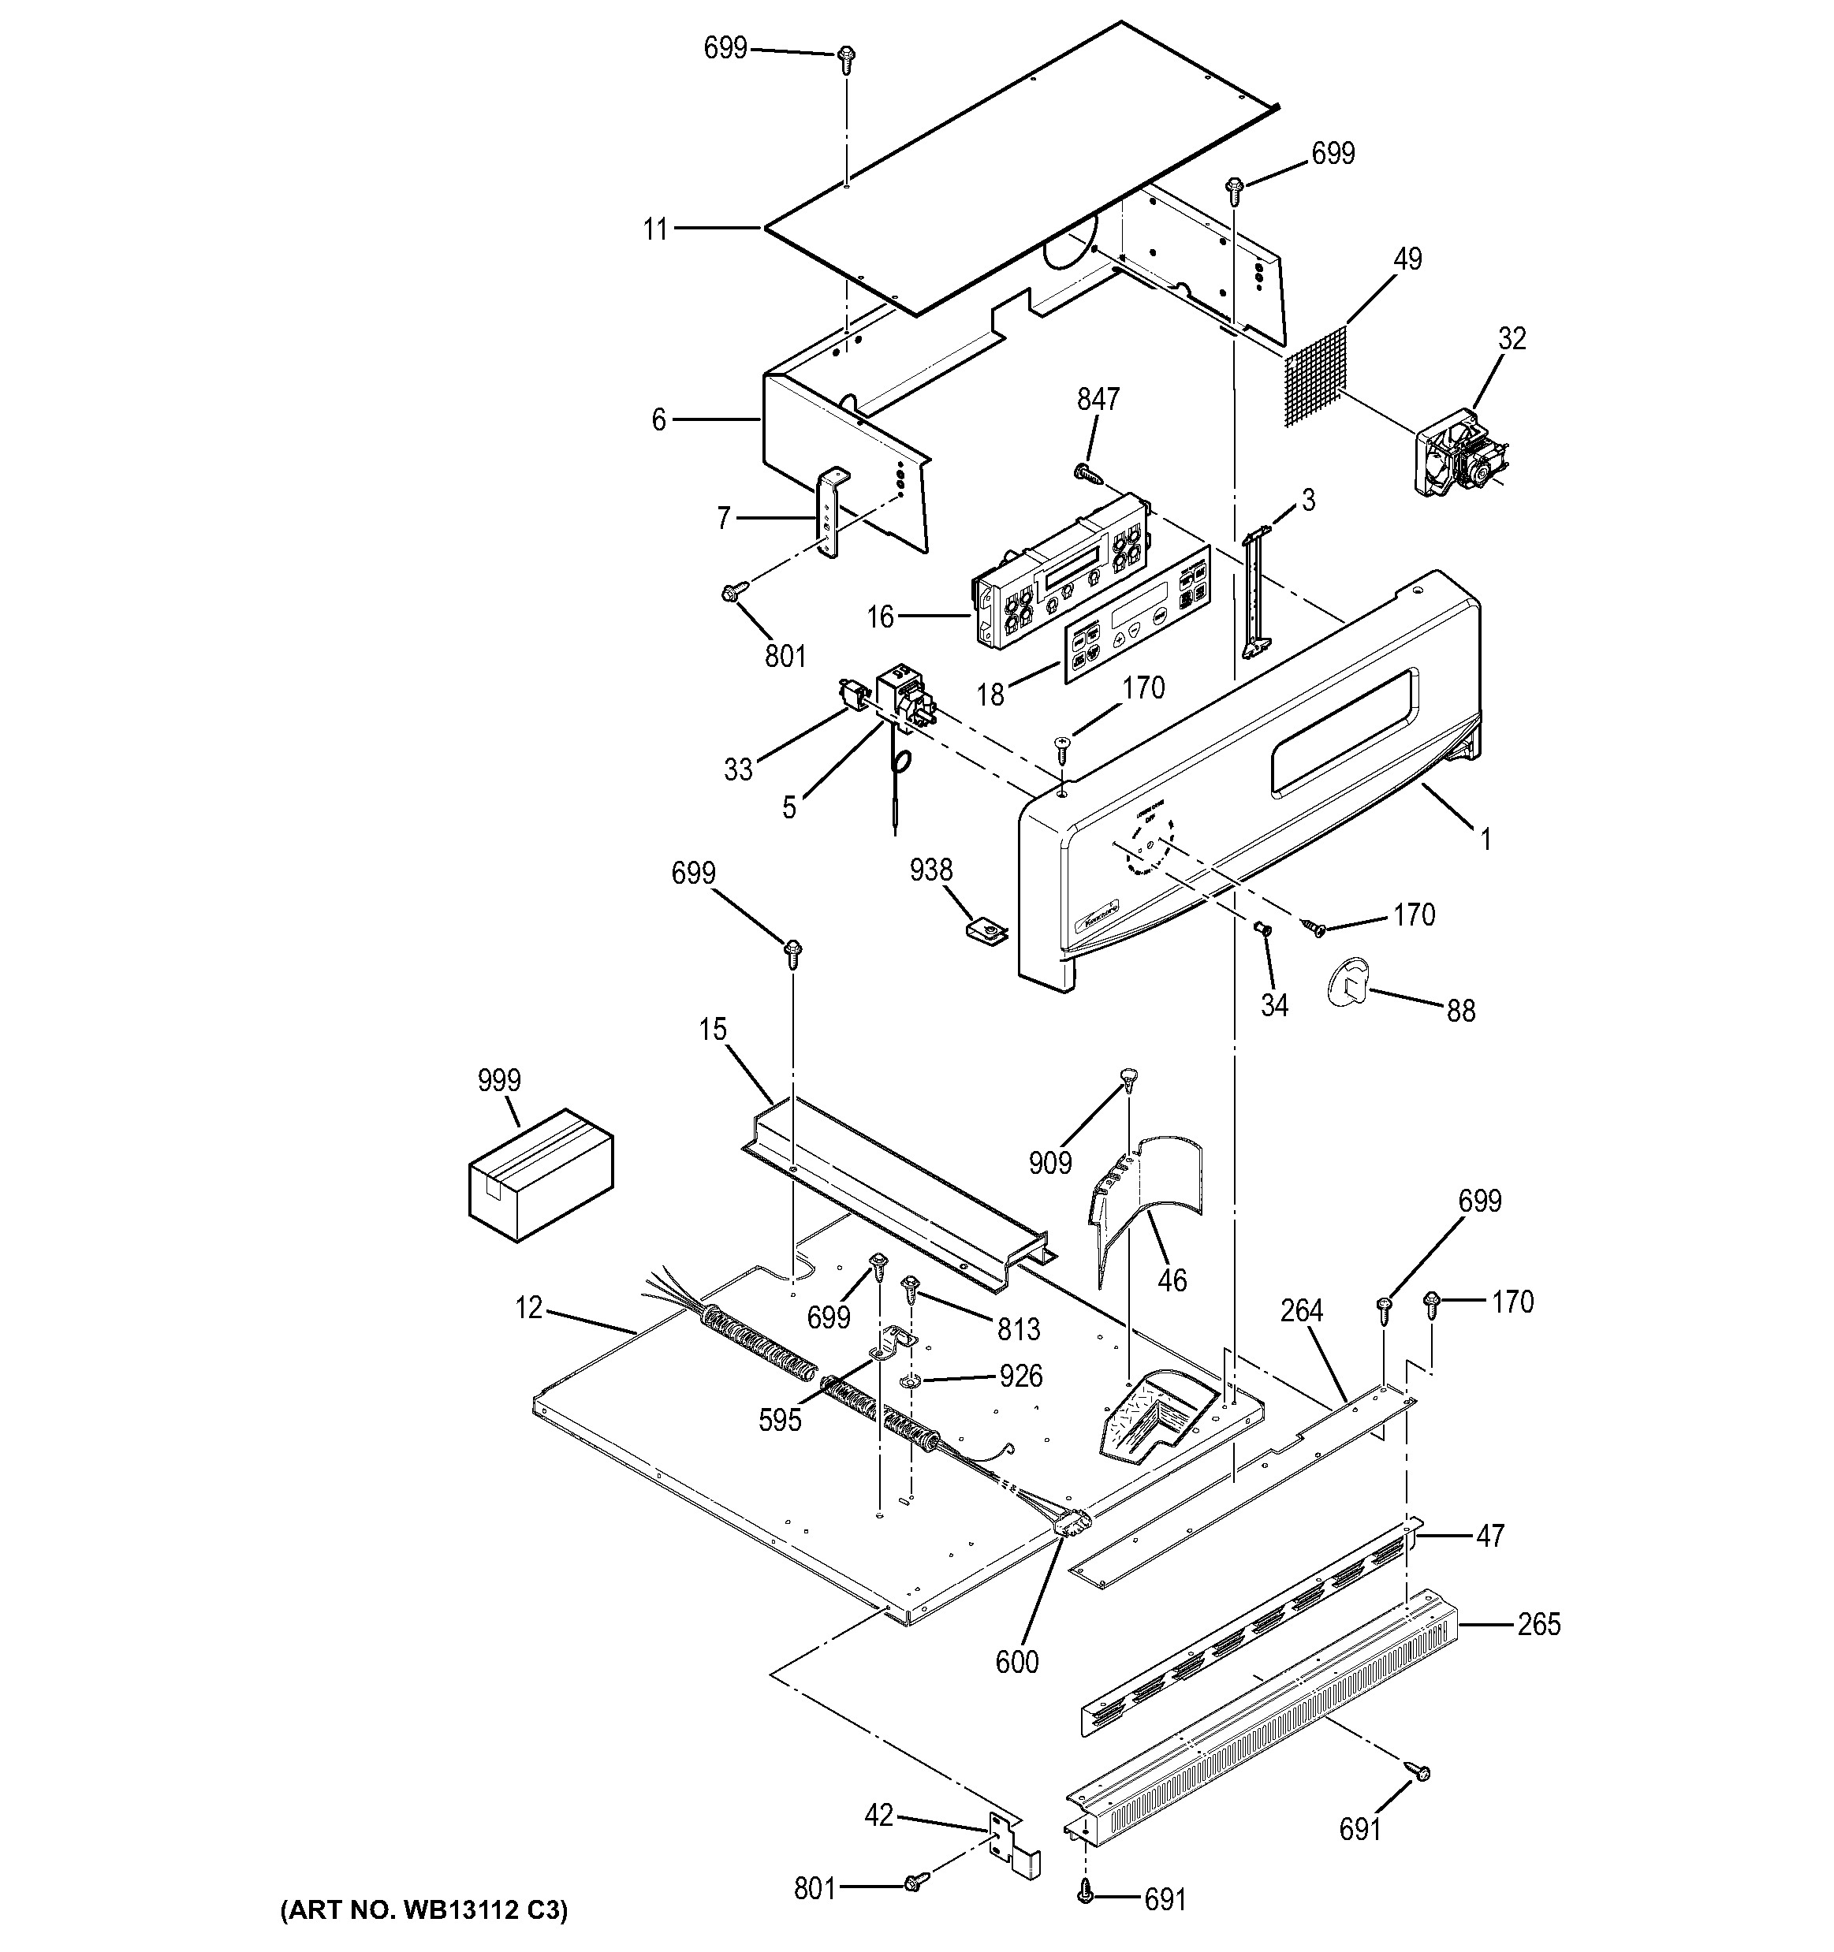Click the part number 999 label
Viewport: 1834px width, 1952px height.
[499, 1080]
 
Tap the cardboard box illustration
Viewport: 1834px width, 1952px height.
[540, 1175]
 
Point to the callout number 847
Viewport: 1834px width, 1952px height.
[1098, 399]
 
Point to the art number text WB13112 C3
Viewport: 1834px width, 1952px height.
[424, 1909]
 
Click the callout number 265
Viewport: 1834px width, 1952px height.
[1538, 1625]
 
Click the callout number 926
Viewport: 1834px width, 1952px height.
[1020, 1376]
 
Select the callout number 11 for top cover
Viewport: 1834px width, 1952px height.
[655, 229]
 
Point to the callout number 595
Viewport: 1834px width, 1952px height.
[780, 1420]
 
